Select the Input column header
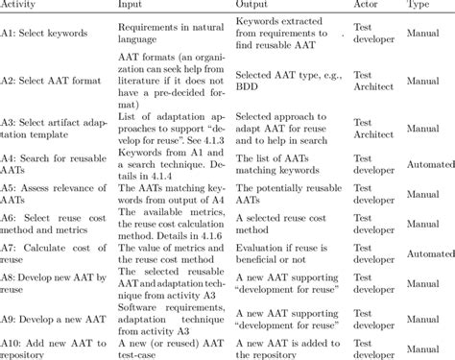pos(131,6)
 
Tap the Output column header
pos(254,6)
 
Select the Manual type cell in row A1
pos(421,34)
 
